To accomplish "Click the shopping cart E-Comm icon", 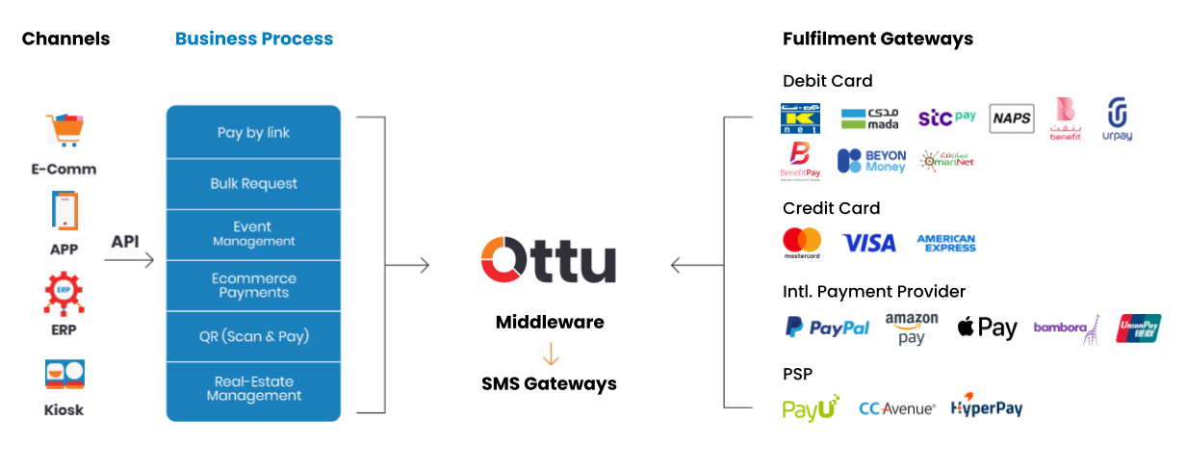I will (65, 130).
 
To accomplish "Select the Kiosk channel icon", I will (65, 375).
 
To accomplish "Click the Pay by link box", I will (253, 133).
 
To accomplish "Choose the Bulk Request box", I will (253, 184).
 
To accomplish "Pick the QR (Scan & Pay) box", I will (253, 336).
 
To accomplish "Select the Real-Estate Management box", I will (253, 388).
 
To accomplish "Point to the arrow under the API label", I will (129, 260).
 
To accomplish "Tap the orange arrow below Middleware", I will (550, 354).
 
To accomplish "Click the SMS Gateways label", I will (549, 383).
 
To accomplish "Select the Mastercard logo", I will (801, 243).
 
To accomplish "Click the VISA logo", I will (868, 243).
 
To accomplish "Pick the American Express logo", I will (945, 243).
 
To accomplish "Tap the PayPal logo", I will (827, 328).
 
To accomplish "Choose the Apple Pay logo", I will (987, 328).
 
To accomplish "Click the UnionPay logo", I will (1138, 328).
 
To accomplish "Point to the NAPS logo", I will (1011, 119).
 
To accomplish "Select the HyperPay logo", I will (986, 407).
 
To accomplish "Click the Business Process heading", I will (254, 39).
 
